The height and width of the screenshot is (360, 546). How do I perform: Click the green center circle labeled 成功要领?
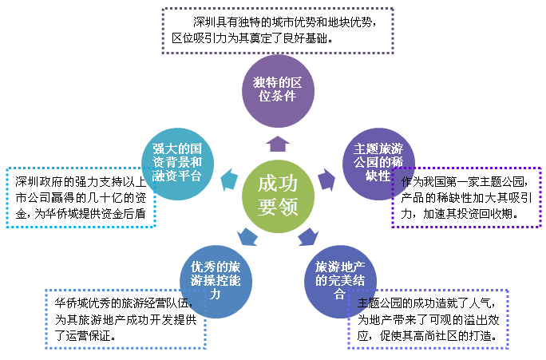tap(278, 196)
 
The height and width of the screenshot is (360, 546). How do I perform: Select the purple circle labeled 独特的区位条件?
tap(278, 91)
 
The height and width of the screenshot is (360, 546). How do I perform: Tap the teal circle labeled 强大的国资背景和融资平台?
tap(177, 164)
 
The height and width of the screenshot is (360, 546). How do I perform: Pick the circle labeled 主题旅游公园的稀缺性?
tap(378, 164)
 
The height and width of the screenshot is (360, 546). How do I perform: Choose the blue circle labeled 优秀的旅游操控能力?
tap(216, 282)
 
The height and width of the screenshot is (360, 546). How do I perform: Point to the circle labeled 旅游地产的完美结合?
tap(340, 282)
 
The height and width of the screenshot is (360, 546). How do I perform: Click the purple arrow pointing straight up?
tap(278, 144)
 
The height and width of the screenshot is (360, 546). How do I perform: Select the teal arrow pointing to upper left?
tap(229, 180)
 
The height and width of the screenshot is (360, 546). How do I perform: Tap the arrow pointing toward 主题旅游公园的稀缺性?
tap(326, 180)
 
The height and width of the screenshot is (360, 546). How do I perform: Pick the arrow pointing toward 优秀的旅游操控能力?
tap(247, 237)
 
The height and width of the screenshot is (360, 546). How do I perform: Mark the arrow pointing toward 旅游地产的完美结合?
tap(308, 237)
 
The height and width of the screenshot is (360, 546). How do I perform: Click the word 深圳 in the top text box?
tap(204, 22)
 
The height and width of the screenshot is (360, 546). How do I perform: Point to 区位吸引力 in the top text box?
tap(200, 38)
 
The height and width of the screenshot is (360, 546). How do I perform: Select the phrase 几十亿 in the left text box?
tap(105, 198)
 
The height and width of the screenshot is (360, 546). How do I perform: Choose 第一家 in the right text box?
tap(462, 181)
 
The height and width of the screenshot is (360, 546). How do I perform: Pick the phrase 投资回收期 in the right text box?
tap(485, 213)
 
